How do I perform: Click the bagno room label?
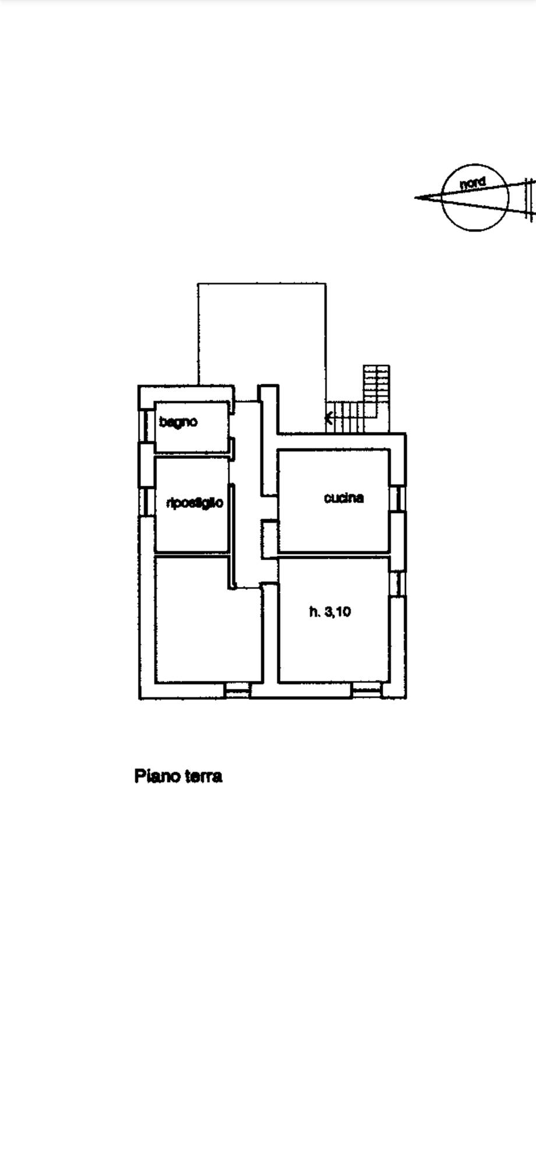pyautogui.click(x=178, y=422)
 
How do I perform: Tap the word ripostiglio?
pyautogui.click(x=195, y=503)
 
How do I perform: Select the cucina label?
pyautogui.click(x=344, y=497)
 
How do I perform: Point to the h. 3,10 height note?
pyautogui.click(x=330, y=612)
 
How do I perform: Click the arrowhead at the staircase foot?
pyautogui.click(x=329, y=417)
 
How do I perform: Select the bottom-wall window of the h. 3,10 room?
pyautogui.click(x=366, y=691)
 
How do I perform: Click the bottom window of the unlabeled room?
pyautogui.click(x=237, y=691)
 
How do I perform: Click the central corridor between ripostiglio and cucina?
pyautogui.click(x=246, y=513)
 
